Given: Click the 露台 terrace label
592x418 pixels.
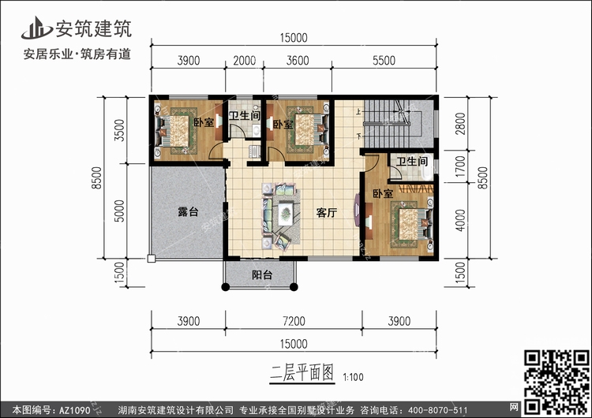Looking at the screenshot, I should (187, 212).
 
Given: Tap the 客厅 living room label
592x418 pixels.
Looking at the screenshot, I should (328, 212).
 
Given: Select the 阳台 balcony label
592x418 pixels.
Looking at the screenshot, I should (263, 275).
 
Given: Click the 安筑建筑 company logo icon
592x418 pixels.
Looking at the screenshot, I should (36, 25).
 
